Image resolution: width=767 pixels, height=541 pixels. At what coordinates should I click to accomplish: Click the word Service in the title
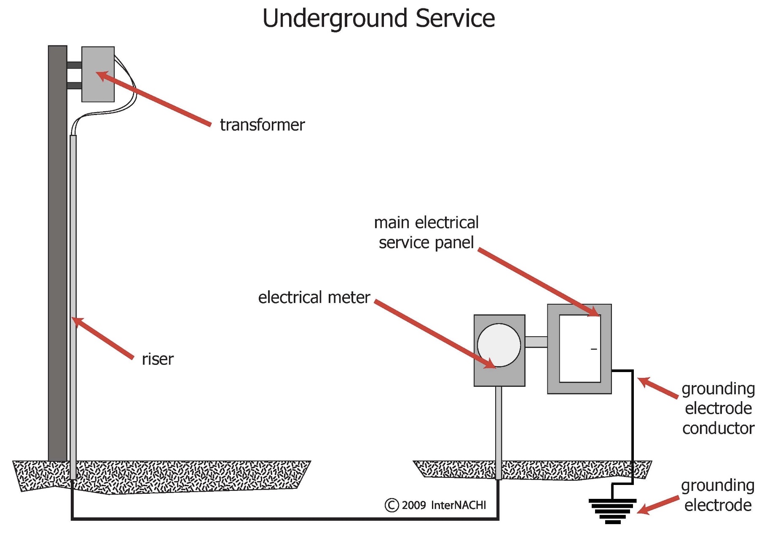(455, 18)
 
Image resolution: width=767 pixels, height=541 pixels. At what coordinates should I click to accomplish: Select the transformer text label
(262, 125)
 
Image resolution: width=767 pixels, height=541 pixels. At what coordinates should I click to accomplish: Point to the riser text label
(157, 359)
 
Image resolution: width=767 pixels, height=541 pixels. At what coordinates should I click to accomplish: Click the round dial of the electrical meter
(499, 345)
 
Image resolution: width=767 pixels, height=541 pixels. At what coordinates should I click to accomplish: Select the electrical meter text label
(314, 297)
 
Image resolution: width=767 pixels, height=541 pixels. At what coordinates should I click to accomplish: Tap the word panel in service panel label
(454, 243)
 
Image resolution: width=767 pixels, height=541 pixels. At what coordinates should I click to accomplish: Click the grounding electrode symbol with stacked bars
(612, 511)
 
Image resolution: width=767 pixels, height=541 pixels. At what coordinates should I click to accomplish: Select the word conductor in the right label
(718, 429)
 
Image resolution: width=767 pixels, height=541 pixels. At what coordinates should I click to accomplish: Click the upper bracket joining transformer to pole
(74, 65)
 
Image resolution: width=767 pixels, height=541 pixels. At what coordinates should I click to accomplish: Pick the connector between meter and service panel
(536, 342)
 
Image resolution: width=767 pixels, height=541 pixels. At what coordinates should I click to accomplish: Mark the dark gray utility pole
(57, 253)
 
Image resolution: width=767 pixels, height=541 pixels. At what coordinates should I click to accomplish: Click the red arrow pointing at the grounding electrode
(657, 505)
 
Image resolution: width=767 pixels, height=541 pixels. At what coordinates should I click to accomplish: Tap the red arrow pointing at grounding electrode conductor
(657, 388)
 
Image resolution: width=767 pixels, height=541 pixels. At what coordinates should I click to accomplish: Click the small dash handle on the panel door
(594, 349)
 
